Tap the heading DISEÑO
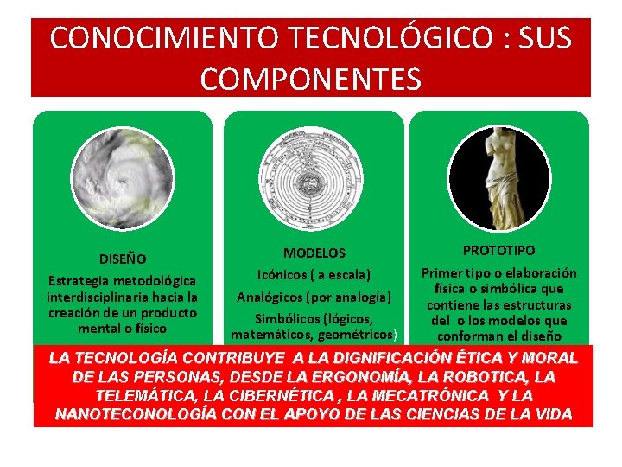click(122, 258)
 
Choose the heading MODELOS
click(314, 253)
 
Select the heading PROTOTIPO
click(499, 250)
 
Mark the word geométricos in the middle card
click(357, 335)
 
